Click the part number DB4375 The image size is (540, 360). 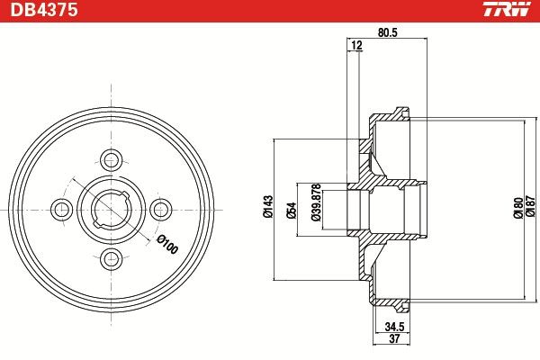tap(43, 12)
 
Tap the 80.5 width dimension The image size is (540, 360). tap(387, 32)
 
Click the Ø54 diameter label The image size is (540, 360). tap(290, 209)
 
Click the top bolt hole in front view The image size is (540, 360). tap(112, 160)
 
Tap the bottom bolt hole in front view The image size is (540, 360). tap(112, 259)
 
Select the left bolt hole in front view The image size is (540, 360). tap(62, 210)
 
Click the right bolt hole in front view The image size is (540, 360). tap(161, 210)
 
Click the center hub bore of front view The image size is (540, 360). tap(112, 210)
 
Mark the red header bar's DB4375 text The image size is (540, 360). tap(43, 12)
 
